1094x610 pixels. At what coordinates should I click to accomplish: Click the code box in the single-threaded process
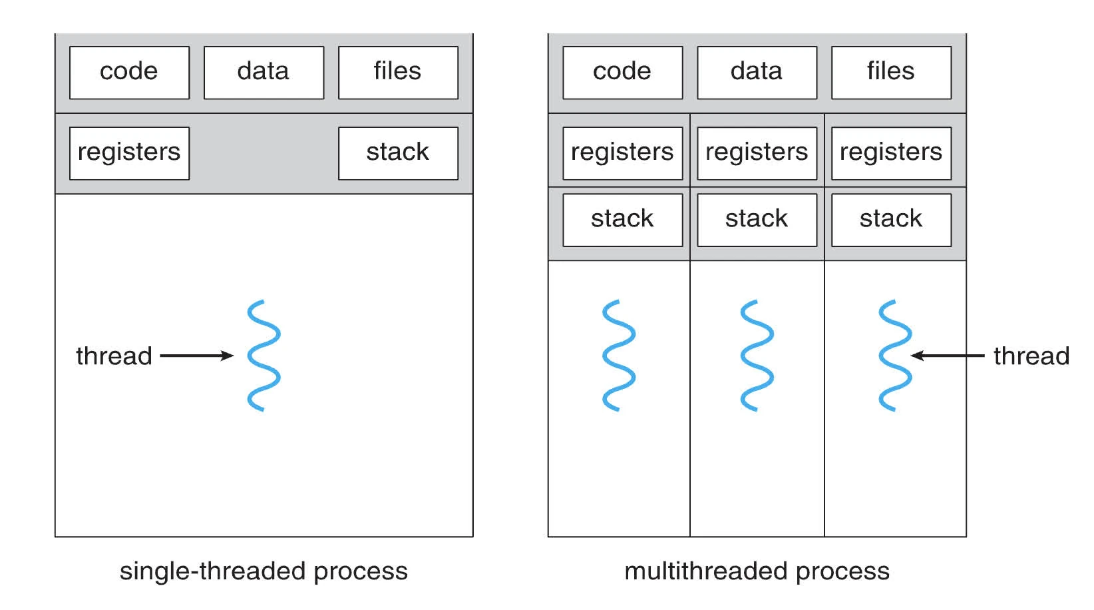(129, 73)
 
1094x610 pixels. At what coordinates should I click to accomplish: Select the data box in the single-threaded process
(264, 73)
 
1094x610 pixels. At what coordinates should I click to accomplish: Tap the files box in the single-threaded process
(398, 73)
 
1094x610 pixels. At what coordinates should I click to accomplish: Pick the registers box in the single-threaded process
(129, 153)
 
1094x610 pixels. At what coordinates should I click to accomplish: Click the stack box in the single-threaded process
(398, 153)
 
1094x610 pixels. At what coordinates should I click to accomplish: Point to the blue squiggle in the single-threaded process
(264, 356)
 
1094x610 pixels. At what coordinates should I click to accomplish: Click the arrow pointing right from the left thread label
(197, 356)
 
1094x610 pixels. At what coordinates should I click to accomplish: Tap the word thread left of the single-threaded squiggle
(114, 356)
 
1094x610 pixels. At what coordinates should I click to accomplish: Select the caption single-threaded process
(264, 571)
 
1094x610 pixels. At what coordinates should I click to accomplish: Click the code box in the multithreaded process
(623, 73)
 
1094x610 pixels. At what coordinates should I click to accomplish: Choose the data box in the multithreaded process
(757, 73)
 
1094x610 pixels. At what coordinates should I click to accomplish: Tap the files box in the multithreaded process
(891, 73)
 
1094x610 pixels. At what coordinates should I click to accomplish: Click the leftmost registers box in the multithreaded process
(623, 153)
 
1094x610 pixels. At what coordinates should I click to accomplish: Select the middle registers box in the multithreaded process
(757, 153)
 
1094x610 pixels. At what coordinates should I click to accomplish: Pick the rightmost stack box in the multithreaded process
(891, 220)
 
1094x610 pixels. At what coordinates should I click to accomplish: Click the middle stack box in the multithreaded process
(757, 220)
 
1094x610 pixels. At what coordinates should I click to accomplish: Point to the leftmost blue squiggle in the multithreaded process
(620, 356)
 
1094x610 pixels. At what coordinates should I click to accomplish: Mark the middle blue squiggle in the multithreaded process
(757, 356)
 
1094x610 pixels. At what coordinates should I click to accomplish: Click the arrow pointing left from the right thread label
(948, 356)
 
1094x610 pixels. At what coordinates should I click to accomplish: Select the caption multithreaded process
(757, 571)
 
